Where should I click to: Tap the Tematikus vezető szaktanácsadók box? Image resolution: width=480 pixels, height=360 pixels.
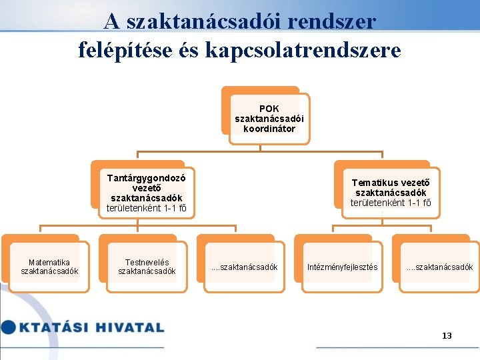390,192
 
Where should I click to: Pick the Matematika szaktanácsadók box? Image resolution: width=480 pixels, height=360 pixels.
49,267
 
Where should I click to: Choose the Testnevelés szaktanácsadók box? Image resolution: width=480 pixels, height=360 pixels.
147,267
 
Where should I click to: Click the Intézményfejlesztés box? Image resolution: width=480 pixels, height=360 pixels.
342,267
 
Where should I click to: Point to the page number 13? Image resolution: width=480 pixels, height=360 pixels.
447,335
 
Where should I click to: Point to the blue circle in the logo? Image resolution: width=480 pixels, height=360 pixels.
8,327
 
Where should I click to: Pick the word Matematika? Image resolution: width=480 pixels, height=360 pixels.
49,262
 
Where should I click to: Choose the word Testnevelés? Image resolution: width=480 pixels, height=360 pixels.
147,262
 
